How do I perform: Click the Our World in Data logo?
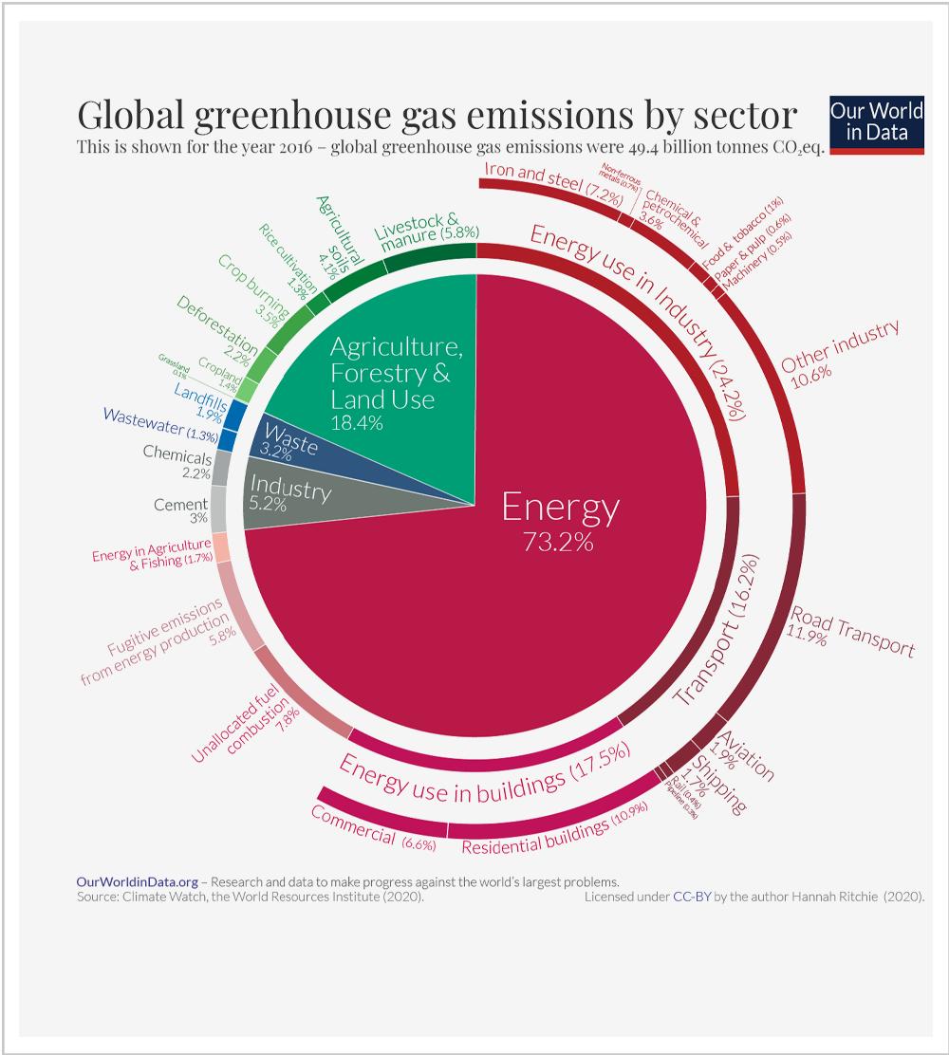[876, 123]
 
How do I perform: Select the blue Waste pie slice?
[285, 442]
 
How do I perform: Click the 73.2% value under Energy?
[558, 543]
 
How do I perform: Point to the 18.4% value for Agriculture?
[357, 422]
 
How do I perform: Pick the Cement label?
[180, 505]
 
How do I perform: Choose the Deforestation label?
[217, 328]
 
